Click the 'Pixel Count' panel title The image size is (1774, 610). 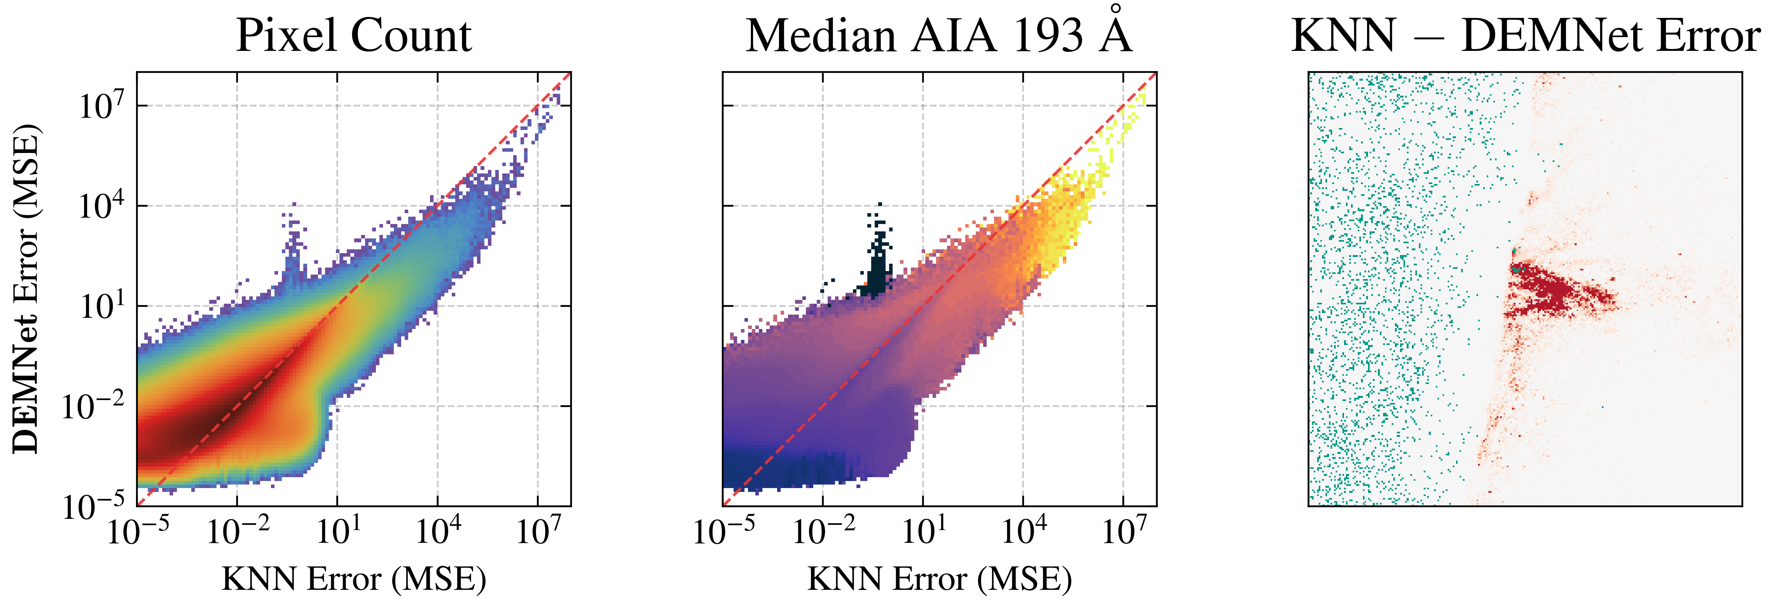(x=354, y=36)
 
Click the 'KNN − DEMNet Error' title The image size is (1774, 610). (x=1525, y=36)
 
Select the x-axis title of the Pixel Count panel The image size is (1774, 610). (x=354, y=579)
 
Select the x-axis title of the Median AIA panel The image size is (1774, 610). (x=939, y=579)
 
